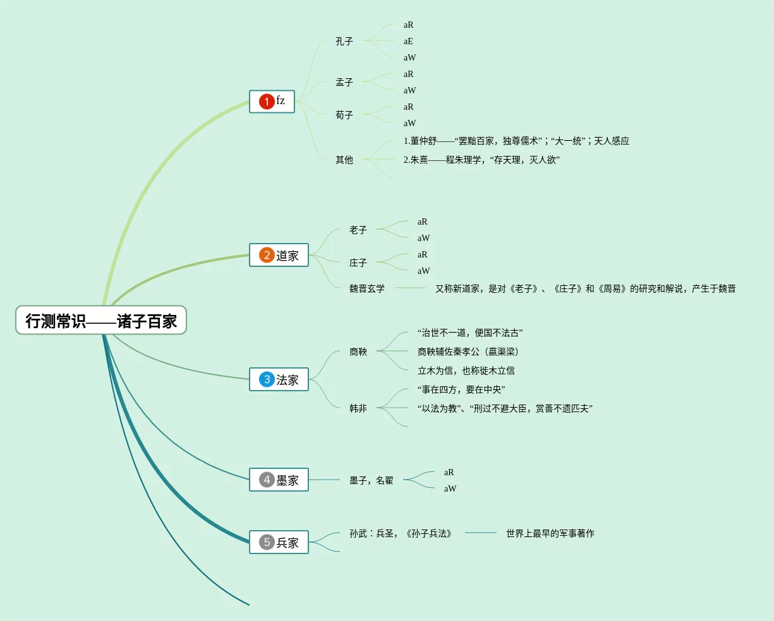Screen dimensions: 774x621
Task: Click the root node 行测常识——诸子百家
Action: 101,320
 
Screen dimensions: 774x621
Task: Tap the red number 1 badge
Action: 267,102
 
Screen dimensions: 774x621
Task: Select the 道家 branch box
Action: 279,255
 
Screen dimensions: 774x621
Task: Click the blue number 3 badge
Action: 267,379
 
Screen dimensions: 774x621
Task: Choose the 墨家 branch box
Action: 279,480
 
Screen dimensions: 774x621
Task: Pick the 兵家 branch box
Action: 279,542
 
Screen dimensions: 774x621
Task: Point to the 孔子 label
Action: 344,41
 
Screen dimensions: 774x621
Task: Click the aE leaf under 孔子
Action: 408,41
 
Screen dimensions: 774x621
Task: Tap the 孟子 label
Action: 344,82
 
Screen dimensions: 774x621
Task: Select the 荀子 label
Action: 344,115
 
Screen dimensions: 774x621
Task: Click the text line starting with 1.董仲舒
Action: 516,141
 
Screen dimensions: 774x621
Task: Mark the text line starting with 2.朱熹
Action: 481,160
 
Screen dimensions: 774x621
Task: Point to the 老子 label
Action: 358,230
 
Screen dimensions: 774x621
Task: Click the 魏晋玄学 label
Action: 367,288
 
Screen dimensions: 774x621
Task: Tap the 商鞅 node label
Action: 358,352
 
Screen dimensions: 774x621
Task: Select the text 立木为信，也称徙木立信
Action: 466,370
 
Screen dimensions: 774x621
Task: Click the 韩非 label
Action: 358,408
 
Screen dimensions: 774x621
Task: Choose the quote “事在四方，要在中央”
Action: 461,389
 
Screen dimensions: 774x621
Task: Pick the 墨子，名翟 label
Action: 371,480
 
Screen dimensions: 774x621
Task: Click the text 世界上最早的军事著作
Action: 550,533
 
